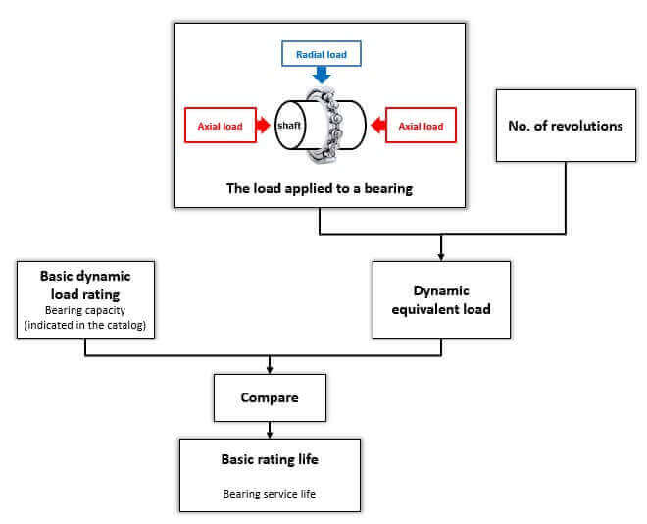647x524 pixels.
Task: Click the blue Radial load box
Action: click(x=321, y=53)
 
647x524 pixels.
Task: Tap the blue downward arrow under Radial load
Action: click(x=322, y=76)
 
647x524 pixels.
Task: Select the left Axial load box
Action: click(x=221, y=126)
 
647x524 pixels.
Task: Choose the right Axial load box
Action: click(x=421, y=126)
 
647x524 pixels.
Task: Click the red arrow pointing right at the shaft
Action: click(x=264, y=126)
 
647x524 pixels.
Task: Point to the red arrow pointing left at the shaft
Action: click(x=378, y=126)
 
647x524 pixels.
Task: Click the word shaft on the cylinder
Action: click(x=289, y=126)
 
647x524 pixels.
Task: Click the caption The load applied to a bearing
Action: click(x=320, y=188)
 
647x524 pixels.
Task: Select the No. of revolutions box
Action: click(x=566, y=126)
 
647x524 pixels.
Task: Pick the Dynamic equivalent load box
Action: click(x=441, y=300)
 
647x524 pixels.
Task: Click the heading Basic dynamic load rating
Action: click(x=85, y=285)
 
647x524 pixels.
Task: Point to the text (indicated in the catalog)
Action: click(x=85, y=325)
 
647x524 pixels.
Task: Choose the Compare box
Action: click(x=270, y=397)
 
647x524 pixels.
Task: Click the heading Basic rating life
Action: click(x=270, y=459)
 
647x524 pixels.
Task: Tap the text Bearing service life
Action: click(x=270, y=494)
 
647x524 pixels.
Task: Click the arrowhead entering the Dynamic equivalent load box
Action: click(x=441, y=257)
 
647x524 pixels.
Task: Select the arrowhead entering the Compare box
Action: click(x=270, y=370)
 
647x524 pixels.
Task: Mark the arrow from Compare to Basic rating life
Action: click(x=270, y=430)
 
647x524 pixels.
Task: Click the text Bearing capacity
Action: click(x=85, y=310)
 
